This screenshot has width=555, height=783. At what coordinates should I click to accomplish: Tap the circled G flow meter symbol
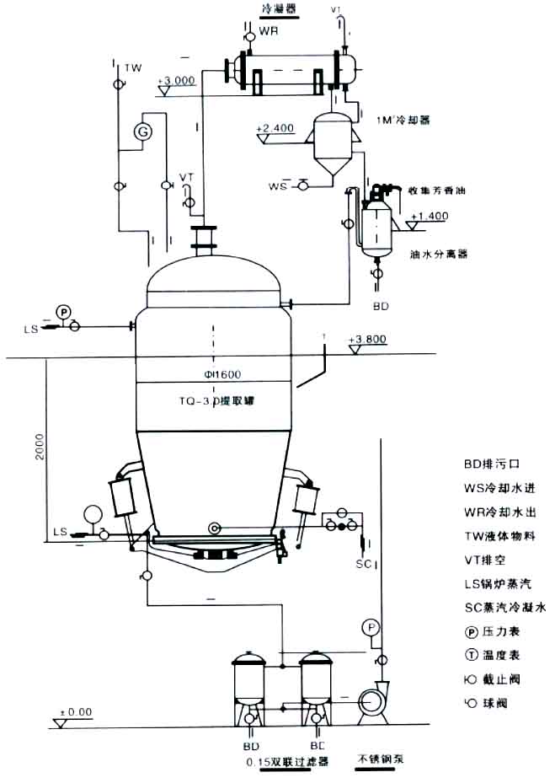(143, 132)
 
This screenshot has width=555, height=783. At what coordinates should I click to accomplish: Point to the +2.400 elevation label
(276, 128)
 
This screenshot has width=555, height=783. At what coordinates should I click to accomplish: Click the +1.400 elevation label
(429, 217)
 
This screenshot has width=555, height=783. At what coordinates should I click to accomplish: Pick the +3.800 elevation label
(367, 341)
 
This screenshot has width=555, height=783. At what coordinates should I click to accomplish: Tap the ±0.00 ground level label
(74, 712)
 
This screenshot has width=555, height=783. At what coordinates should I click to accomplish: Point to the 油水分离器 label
(438, 253)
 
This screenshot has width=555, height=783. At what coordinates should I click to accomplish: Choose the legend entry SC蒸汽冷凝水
(505, 607)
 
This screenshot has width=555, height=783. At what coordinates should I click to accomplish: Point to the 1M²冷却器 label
(404, 120)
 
